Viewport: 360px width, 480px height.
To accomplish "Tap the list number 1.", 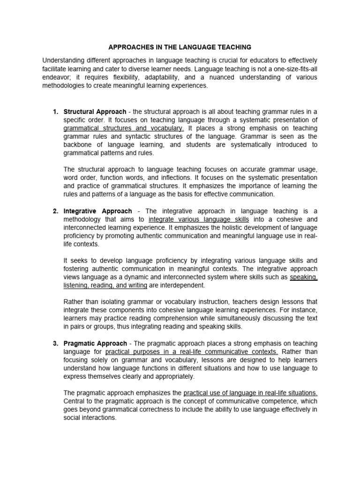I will (55, 112).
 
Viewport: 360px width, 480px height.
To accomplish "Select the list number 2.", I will (55, 211).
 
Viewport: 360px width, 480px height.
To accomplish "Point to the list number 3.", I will (55, 344).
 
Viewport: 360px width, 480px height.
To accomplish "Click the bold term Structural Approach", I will (95, 112).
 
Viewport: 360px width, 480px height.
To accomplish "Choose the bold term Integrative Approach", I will (97, 211).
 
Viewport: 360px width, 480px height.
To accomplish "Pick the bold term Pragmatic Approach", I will (95, 344).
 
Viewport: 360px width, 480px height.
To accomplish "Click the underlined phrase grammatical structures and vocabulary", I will (124, 128).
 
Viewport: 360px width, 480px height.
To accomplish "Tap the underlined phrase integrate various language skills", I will (199, 219).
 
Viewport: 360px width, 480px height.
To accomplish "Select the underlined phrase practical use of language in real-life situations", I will (250, 393).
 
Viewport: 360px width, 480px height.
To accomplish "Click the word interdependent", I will (184, 285).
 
